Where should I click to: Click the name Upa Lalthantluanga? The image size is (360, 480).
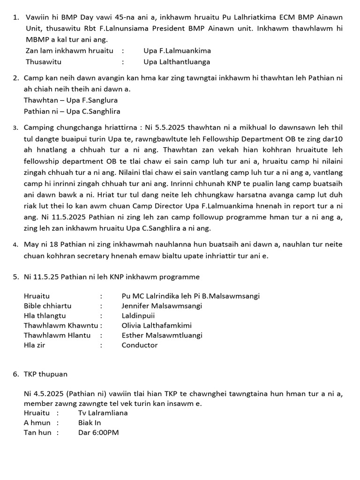point(177,62)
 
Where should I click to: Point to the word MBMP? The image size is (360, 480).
point(37,39)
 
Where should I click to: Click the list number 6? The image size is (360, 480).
point(15,374)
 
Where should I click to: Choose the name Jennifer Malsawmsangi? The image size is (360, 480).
point(162,306)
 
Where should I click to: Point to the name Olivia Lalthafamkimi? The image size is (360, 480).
point(157,326)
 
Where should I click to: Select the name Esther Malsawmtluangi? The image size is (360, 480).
point(162,336)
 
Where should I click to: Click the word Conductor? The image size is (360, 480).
point(140,345)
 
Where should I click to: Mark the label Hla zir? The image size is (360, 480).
point(35,345)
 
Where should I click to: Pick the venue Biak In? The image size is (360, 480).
point(90,423)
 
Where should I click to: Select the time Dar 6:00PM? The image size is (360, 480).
point(98,433)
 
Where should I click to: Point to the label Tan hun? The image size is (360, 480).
point(37,433)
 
